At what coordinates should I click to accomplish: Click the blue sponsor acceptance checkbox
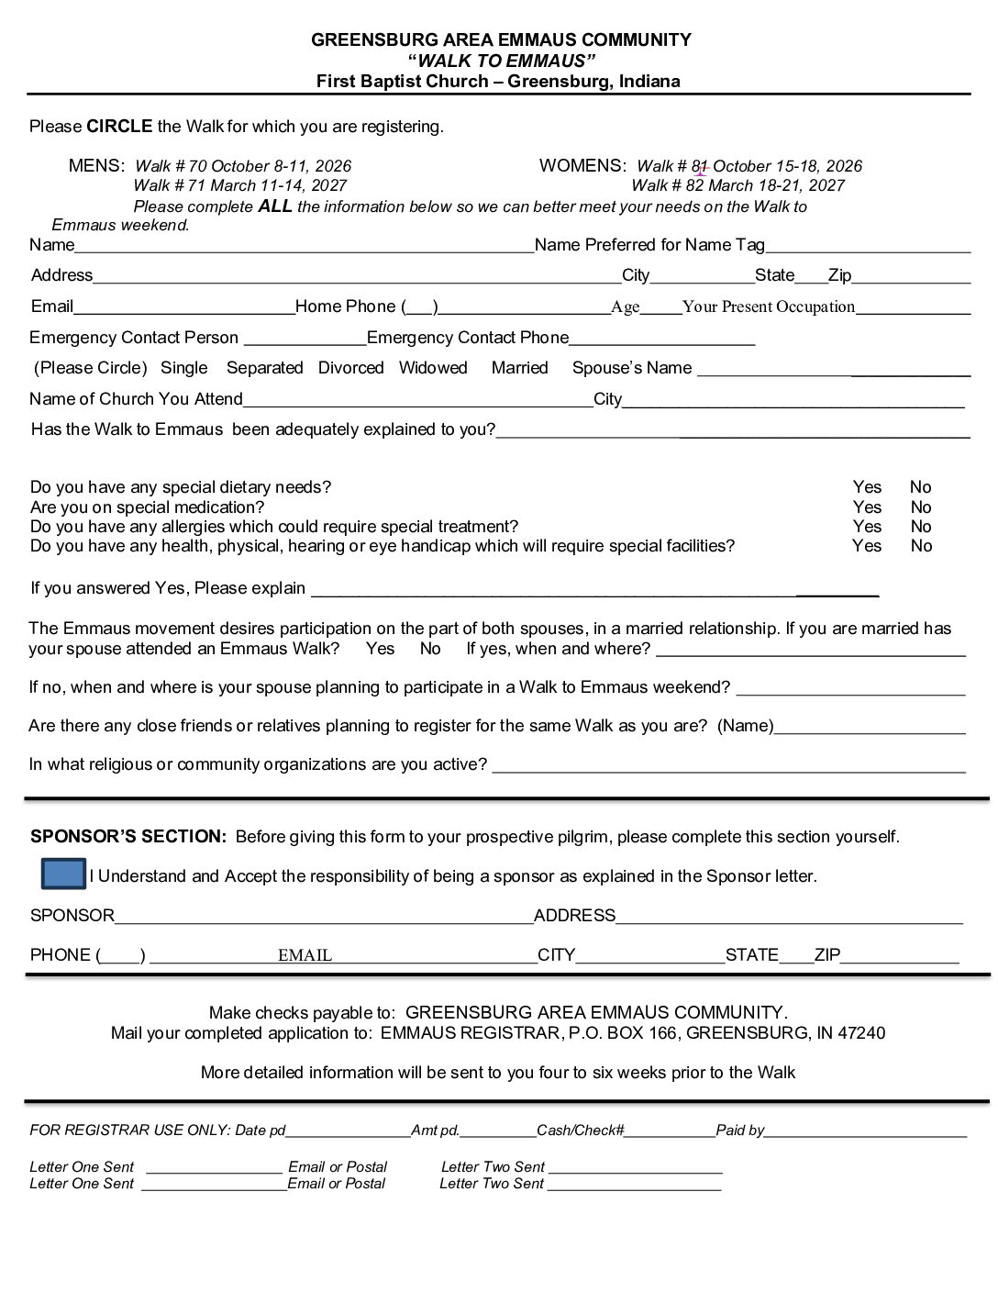click(x=63, y=874)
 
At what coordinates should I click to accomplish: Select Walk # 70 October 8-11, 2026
click(x=243, y=166)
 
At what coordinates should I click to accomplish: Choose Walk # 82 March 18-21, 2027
click(x=737, y=185)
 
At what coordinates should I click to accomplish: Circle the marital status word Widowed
click(x=433, y=368)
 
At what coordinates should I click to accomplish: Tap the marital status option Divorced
click(x=350, y=368)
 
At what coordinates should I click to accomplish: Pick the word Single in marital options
click(x=183, y=368)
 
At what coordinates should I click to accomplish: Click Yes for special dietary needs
click(x=867, y=487)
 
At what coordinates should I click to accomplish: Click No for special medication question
click(x=921, y=507)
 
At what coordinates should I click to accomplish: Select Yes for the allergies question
click(x=867, y=527)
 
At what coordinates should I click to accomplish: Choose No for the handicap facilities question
click(x=921, y=546)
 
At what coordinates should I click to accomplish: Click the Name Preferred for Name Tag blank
click(x=868, y=245)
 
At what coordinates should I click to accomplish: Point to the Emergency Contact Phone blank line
click(x=661, y=339)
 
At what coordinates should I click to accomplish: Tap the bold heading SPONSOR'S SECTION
click(x=128, y=837)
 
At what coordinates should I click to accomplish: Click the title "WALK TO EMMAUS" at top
click(x=501, y=61)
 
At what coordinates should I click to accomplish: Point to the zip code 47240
click(x=864, y=1033)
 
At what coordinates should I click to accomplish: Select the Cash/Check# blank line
click(x=670, y=1130)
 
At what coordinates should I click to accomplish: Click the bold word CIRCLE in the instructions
click(x=119, y=127)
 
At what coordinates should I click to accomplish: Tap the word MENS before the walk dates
click(x=96, y=166)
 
